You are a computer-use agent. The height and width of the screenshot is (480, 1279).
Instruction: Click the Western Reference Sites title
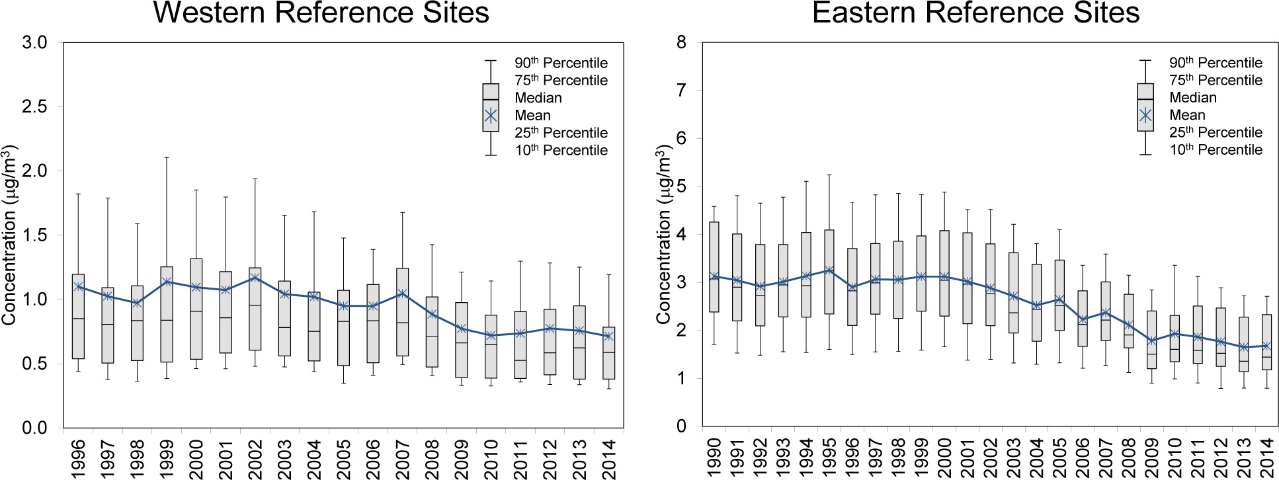tap(321, 13)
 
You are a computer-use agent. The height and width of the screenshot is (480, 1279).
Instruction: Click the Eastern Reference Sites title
tap(975, 13)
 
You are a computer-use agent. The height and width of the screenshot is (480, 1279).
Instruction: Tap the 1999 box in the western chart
tap(167, 314)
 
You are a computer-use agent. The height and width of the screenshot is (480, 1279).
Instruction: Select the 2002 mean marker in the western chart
tap(255, 278)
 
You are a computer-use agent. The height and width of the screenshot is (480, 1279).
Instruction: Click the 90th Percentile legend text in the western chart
tap(561, 63)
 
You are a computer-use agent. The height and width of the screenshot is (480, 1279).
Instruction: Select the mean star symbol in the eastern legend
tap(1145, 115)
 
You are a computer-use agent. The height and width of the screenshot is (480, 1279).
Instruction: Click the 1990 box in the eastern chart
tap(714, 267)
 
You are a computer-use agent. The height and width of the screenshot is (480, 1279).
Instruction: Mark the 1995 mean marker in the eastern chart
tap(829, 270)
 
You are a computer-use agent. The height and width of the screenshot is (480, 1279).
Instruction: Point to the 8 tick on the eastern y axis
tap(681, 42)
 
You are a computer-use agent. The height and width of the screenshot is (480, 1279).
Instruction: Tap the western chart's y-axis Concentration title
tap(9, 235)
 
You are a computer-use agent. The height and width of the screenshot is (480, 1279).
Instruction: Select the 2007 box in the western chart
tap(402, 312)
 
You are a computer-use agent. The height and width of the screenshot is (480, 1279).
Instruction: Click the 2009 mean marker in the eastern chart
tap(1151, 341)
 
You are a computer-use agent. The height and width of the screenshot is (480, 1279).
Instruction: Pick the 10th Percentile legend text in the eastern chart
tap(1216, 150)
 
